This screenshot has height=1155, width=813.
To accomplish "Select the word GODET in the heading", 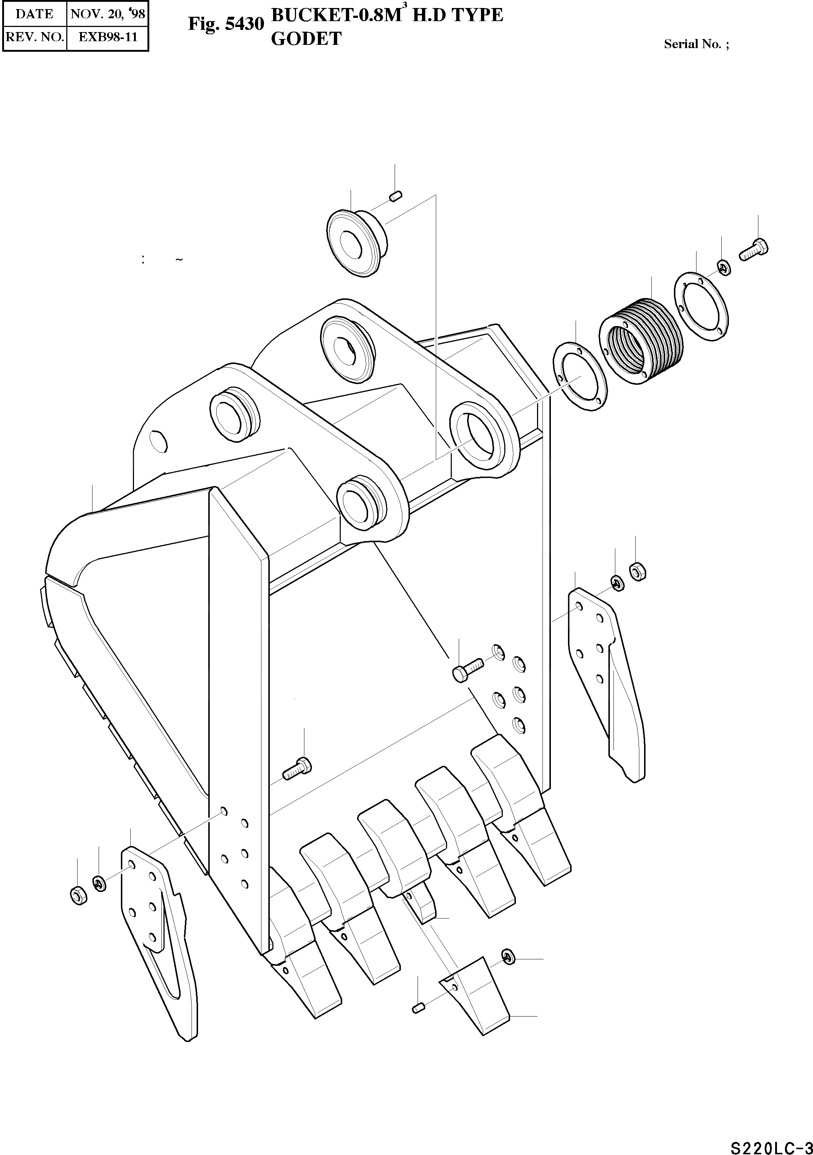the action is coord(306,39).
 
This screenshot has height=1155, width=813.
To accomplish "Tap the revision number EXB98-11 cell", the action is coord(108,37).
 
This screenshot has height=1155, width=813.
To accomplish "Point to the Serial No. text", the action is coord(696,44).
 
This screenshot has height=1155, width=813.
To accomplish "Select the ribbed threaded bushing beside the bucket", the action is coord(641,341).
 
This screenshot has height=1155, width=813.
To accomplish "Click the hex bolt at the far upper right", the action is coord(753,250).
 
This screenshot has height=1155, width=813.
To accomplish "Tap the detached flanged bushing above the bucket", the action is coord(355,243).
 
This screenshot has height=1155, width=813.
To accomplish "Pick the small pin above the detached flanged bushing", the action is coord(395,196).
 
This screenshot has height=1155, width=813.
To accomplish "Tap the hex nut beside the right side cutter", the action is coord(638,572).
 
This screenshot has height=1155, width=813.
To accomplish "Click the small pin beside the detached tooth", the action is coord(418,1007).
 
